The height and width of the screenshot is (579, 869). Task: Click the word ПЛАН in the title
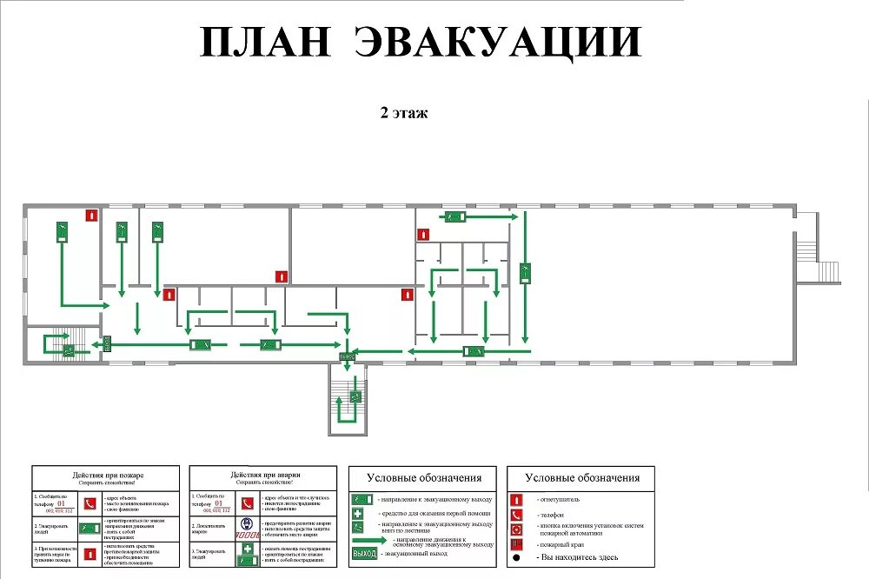265,42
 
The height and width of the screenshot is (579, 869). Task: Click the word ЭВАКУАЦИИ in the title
499,42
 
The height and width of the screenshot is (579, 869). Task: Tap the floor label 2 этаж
404,112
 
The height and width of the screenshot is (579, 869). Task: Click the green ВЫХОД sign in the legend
364,554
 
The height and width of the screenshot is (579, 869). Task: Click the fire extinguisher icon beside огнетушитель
516,500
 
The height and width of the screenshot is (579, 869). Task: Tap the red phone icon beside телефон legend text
516,515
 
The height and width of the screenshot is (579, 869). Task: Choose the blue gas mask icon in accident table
247,525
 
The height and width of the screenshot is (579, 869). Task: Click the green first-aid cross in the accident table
247,549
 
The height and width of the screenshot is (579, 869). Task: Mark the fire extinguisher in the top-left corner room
90,215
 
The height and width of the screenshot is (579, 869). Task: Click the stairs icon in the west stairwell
67,350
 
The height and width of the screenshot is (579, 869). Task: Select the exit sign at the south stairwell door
347,356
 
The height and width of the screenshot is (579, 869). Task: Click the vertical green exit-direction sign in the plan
526,273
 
